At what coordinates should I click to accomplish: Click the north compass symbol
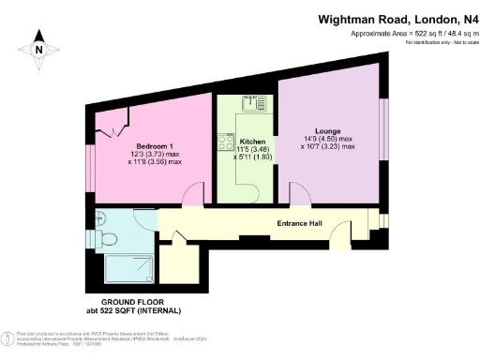[x=38, y=43]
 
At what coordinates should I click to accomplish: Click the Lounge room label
[x=327, y=130]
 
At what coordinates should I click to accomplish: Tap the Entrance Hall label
[x=301, y=223]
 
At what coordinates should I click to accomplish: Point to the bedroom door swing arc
[x=191, y=195]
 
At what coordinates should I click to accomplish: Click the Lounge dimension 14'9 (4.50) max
[x=327, y=139]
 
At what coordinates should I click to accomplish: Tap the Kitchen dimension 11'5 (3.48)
[x=247, y=149]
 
